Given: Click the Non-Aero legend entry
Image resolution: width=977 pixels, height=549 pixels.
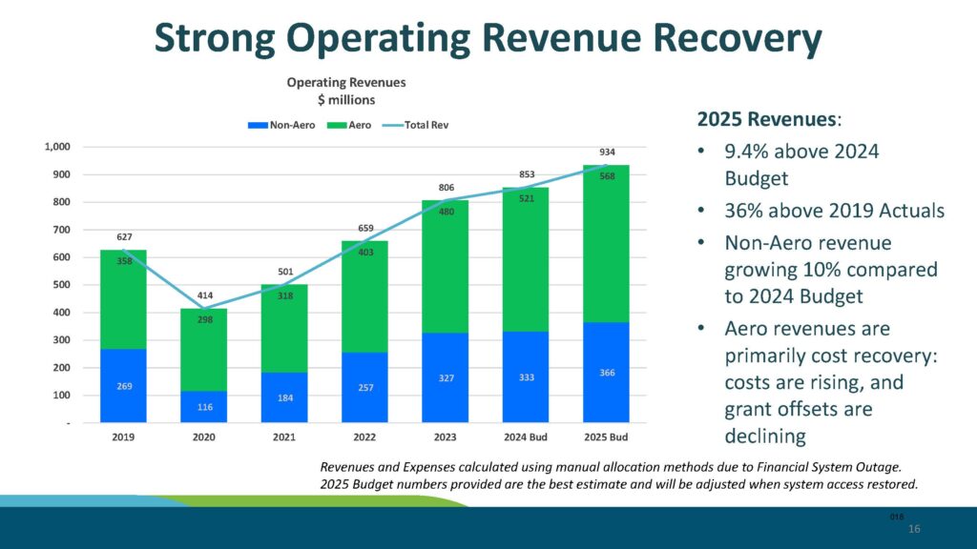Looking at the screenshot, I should (x=276, y=125).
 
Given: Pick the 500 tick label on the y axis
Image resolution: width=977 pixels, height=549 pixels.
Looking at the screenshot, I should (x=62, y=285).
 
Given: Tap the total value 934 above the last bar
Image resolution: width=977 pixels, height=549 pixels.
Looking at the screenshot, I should (x=607, y=152).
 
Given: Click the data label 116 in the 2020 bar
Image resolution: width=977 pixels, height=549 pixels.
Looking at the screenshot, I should (x=204, y=407).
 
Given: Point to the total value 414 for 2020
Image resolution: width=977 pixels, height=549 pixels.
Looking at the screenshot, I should (x=204, y=296).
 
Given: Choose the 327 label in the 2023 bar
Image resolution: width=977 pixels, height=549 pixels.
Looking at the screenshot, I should (x=446, y=378).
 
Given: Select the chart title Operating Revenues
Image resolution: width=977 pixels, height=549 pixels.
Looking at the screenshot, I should (x=346, y=83).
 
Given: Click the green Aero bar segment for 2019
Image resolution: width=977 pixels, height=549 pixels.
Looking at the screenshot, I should (x=123, y=299).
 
